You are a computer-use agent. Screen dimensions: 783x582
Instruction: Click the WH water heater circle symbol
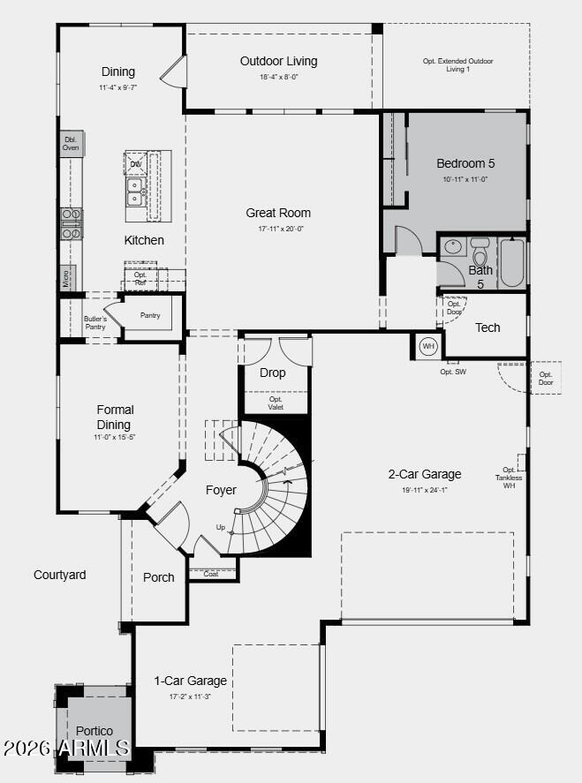coord(428,346)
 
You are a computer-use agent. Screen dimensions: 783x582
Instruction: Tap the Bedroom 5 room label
coord(465,163)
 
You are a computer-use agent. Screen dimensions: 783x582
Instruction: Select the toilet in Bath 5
coord(480,252)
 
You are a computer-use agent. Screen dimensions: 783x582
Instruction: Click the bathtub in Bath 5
coord(512,262)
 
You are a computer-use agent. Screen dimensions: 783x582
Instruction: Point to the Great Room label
coord(278,213)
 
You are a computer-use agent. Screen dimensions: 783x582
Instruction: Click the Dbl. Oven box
coord(71,143)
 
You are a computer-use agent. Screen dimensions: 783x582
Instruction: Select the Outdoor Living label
coord(278,61)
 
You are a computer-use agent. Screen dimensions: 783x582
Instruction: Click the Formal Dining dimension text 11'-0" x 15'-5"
coord(115,438)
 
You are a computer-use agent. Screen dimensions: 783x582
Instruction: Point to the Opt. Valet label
coord(275,403)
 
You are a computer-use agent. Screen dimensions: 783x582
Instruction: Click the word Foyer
coord(221,490)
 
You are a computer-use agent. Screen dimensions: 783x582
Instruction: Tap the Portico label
coord(94,731)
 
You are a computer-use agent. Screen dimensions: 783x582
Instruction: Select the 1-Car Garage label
coord(190,681)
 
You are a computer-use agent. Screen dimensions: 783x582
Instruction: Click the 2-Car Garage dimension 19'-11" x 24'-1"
coord(425,491)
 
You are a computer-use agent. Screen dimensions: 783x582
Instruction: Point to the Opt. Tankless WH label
coord(509,478)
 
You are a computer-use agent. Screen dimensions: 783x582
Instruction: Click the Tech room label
coord(488,328)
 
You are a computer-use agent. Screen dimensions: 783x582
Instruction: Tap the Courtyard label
coord(60,575)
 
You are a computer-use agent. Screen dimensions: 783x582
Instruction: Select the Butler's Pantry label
coord(95,322)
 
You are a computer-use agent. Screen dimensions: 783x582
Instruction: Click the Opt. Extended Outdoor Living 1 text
coord(457,64)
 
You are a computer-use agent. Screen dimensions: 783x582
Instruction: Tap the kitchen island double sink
coord(135,192)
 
